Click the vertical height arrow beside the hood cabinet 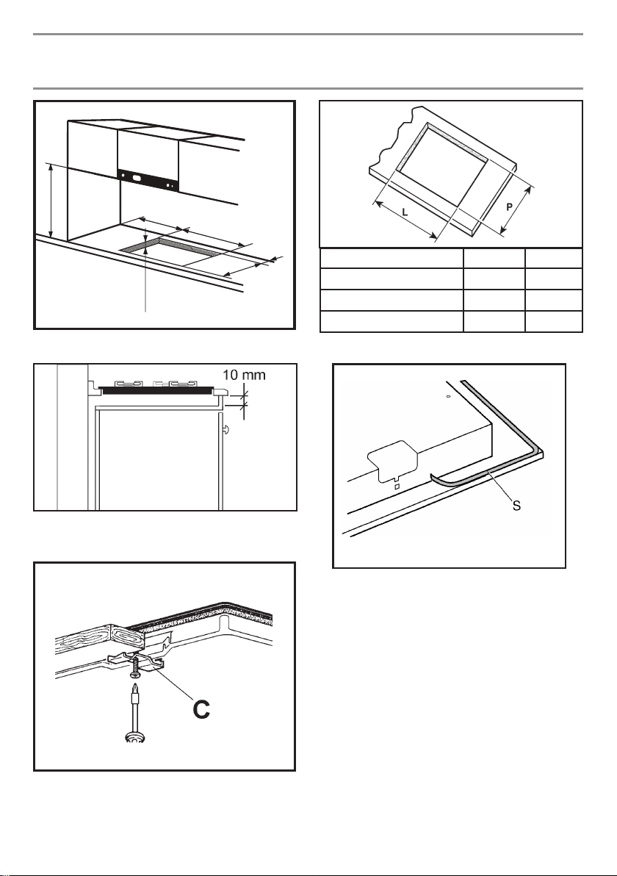point(50,199)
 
